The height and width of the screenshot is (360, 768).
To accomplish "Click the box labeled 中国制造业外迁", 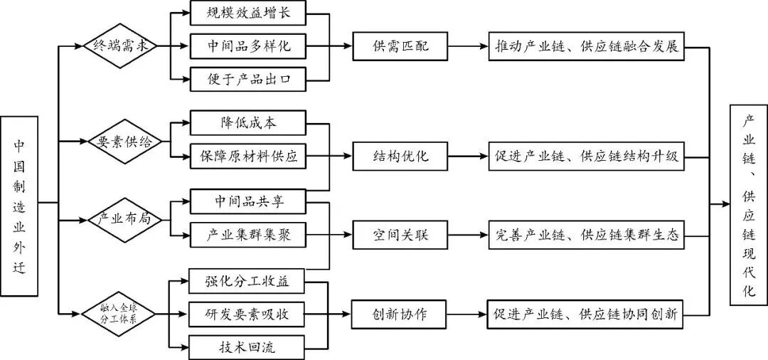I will (19, 206).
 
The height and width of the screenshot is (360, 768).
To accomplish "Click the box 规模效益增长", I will (247, 14).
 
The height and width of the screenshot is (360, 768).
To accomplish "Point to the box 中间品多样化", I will (247, 47).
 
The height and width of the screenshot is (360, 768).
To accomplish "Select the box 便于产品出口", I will (247, 79).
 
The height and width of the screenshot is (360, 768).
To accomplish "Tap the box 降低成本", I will (247, 123).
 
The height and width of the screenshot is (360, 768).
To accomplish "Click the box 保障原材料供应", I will (247, 156).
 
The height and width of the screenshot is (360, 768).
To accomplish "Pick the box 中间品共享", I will (247, 201).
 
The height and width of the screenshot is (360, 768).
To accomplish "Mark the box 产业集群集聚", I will (247, 233).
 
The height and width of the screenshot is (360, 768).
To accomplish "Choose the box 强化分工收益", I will (247, 281).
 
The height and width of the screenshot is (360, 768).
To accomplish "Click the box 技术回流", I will (247, 346).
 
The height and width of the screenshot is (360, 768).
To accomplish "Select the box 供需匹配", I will (400, 47).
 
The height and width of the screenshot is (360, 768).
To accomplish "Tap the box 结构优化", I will (400, 156).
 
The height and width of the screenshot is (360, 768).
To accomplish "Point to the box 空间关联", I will (400, 233).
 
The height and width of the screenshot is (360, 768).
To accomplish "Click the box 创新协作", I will (400, 314).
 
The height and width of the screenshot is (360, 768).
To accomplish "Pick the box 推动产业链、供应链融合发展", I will (586, 47).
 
